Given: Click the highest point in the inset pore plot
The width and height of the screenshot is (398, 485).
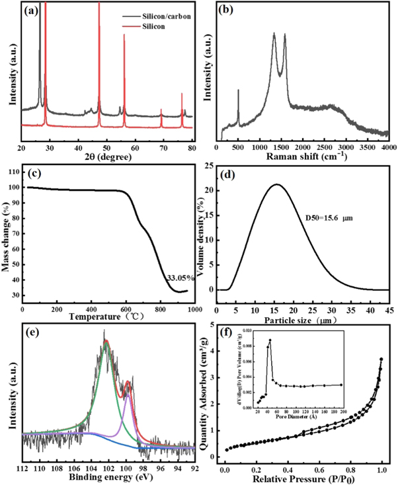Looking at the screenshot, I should (x=270, y=340).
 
